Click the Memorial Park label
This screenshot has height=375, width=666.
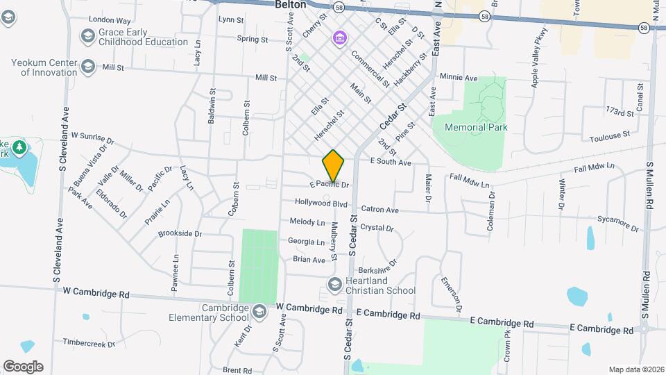476,127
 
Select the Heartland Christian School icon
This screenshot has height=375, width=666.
335,285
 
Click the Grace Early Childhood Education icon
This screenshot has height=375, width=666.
87,35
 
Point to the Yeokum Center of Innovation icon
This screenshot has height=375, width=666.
87,67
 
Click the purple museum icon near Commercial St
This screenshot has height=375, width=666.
339,37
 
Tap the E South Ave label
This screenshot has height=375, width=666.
391,162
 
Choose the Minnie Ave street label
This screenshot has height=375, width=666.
459,78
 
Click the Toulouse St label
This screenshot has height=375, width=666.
610,136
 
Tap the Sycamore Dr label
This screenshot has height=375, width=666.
617,223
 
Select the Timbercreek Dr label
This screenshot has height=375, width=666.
87,342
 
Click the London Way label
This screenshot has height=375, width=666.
110,21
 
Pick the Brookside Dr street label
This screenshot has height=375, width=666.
180,234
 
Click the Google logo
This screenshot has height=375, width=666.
23,367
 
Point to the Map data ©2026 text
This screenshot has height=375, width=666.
635,369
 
